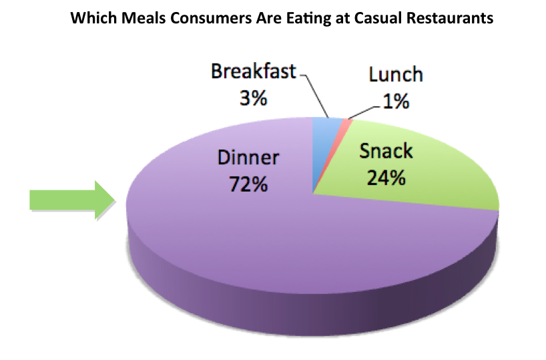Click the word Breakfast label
tap(253, 71)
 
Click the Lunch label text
tap(396, 73)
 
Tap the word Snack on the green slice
tap(386, 151)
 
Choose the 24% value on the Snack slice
tap(386, 178)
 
